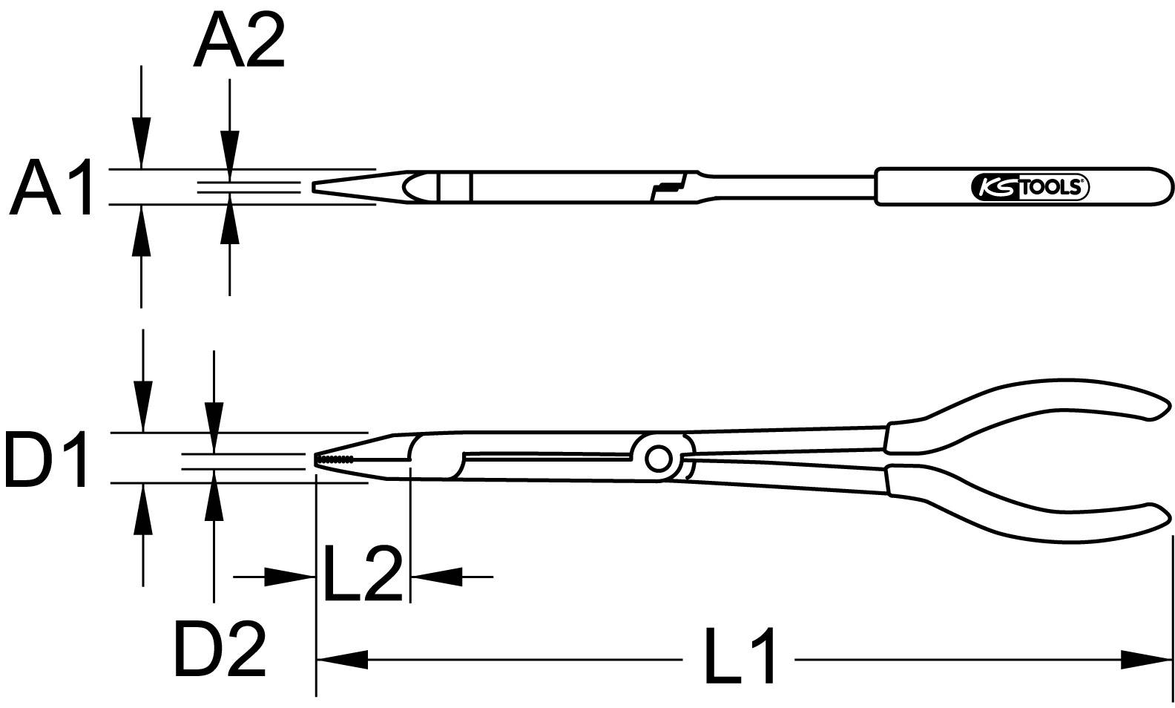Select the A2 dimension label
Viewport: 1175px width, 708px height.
pos(238,42)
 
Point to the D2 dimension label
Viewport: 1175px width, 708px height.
pos(220,650)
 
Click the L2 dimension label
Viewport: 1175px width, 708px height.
pos(362,574)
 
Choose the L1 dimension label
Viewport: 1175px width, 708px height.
pos(738,656)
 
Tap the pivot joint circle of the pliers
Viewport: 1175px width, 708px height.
pos(656,459)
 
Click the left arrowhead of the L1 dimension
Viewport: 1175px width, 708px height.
pos(342,658)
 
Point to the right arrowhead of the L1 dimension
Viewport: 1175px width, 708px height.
pos(1146,658)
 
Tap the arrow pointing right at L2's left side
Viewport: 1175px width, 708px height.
pos(290,577)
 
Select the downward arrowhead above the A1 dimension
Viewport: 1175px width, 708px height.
pos(141,143)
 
